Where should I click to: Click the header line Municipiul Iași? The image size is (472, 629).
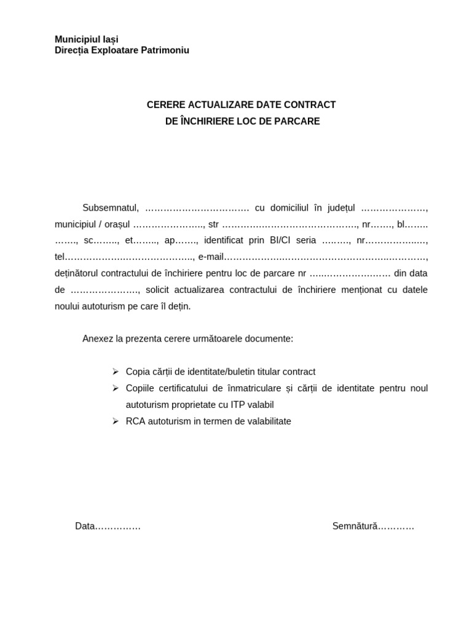(x=87, y=39)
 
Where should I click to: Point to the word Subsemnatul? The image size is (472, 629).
(x=111, y=208)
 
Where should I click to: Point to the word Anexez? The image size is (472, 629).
(x=97, y=338)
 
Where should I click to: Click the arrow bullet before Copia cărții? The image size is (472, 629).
(x=115, y=372)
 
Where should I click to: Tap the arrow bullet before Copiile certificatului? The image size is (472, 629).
(x=115, y=388)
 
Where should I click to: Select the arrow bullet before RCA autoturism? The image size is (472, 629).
(x=115, y=421)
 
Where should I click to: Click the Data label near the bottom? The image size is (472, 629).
(x=85, y=526)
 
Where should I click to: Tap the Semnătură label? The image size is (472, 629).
(x=354, y=526)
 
